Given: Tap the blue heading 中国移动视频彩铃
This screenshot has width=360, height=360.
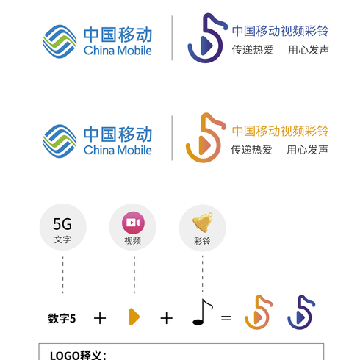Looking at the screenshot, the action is coord(280,31).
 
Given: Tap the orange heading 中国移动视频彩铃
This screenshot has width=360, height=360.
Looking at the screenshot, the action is coord(280,131).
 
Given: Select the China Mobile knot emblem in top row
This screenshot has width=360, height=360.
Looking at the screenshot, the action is coord(60,42).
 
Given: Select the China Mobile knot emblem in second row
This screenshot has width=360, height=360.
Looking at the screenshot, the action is coord(60,141).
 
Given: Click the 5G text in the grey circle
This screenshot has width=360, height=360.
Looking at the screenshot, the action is coord(62,224).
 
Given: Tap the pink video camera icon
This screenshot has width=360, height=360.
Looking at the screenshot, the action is coord(133,223).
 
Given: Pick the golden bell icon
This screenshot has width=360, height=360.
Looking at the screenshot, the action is coord(203,223).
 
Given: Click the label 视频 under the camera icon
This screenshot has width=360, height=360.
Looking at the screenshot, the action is coord(133,241).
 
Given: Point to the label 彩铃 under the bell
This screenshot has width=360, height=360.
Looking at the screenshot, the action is coord(202,241).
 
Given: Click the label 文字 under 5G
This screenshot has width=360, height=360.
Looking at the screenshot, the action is coord(62,240).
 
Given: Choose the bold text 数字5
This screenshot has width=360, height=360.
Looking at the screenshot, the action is coord(62,319).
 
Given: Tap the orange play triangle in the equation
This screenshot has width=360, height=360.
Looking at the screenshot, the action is coord(134,317).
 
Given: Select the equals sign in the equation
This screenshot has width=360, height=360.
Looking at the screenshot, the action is coord(226,318).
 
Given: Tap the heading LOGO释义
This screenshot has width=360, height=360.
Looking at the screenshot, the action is coord(78,356).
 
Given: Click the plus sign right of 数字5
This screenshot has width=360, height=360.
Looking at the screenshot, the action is coord(100,318).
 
